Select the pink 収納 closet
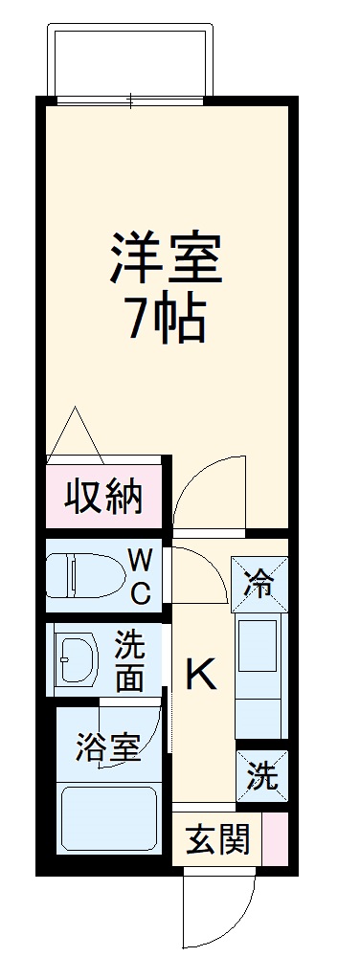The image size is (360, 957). click(104, 497)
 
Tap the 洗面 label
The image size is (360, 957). click(131, 659)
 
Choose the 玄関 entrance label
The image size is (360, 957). click(217, 839)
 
